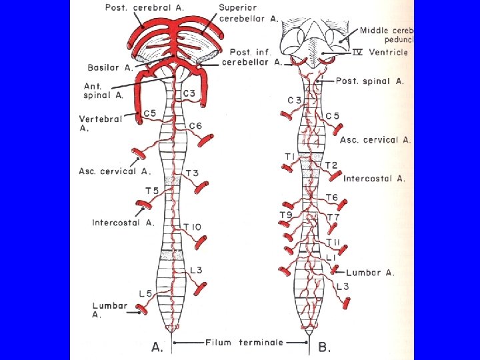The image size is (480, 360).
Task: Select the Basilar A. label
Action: click(110, 67)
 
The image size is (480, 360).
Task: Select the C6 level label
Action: click(195, 126)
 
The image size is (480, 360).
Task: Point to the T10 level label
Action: click(192, 228)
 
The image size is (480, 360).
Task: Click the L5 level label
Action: click(146, 293)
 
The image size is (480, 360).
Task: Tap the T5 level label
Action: click(153, 191)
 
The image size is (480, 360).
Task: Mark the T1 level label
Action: click(290, 156)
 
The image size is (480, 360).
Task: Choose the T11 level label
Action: click(334, 241)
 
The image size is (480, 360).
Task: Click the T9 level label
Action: click(285, 215)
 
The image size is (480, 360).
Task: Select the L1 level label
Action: click(332, 257)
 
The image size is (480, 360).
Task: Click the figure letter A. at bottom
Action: click(158, 346)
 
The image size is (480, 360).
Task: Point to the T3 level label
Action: click(192, 173)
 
